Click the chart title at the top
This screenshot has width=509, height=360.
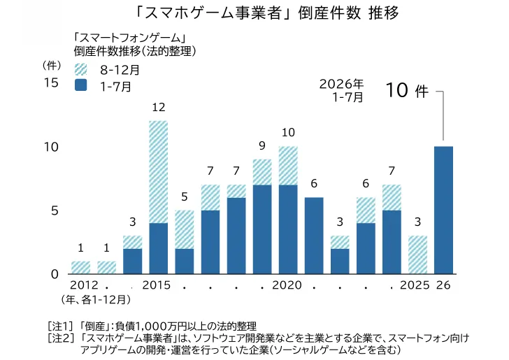[x=268, y=14]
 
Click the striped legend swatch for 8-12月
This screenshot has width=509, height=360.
[x=80, y=69]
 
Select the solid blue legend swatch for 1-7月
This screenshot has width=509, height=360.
[x=80, y=85]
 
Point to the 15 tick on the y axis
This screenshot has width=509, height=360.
[x=51, y=82]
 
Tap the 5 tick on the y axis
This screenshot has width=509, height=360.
[x=55, y=210]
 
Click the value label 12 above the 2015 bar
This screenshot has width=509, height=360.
[x=159, y=107]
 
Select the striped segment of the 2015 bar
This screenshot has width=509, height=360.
[x=159, y=172]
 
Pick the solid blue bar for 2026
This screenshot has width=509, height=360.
[x=443, y=210]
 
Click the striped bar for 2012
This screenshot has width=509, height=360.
[x=80, y=268]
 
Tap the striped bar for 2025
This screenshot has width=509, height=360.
[x=417, y=255]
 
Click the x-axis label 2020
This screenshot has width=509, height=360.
[x=287, y=285]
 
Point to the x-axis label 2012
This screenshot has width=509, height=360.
[x=84, y=285]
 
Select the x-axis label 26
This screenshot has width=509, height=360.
[x=443, y=285]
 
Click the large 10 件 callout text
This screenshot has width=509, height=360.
[x=407, y=90]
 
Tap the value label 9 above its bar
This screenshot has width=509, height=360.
[x=262, y=146]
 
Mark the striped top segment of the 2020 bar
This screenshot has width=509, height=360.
[x=288, y=166]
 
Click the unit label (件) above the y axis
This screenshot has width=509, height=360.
[x=52, y=66]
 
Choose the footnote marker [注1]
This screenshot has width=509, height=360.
[x=59, y=326]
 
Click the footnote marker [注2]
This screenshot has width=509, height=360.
[x=59, y=338]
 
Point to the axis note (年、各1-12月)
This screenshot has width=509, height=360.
[x=96, y=300]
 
